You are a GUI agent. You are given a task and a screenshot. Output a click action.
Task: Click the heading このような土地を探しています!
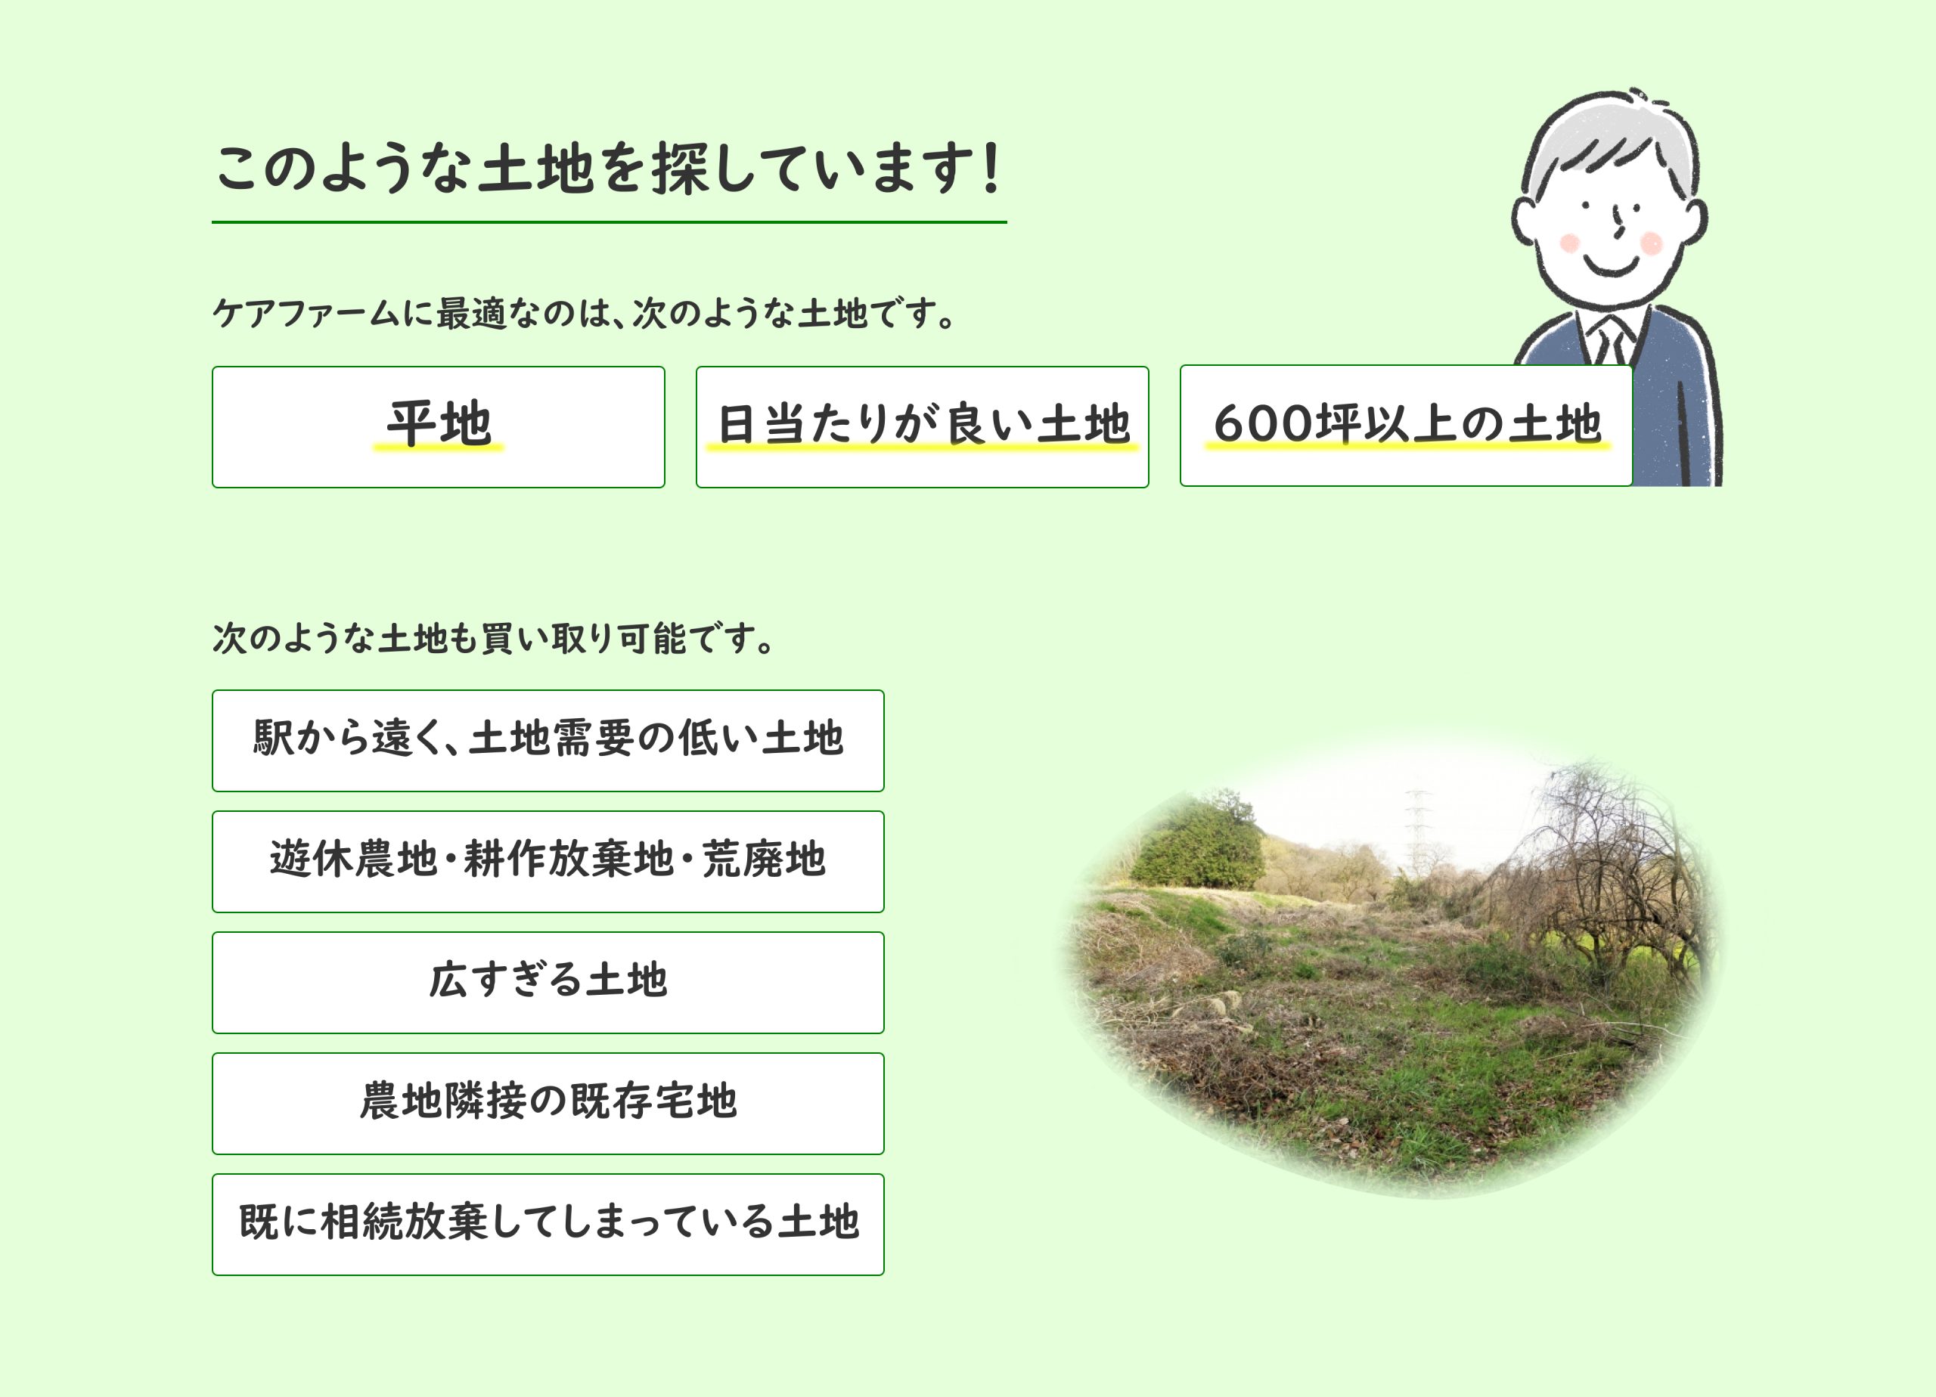[x=608, y=168]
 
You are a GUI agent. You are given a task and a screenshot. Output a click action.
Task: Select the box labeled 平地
[x=438, y=426]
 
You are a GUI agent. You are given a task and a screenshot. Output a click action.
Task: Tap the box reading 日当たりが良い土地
[x=922, y=426]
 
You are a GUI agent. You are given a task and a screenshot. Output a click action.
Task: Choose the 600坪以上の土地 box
[x=1406, y=426]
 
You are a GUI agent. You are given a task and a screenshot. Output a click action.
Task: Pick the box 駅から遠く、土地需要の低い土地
[x=548, y=740]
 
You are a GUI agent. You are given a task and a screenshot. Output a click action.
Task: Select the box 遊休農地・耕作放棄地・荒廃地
[x=548, y=861]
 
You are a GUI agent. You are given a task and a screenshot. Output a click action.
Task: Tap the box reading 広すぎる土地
[x=548, y=982]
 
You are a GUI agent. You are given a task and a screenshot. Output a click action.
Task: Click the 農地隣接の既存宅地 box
[x=548, y=1104]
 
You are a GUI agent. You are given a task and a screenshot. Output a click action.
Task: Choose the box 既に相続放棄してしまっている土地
[x=548, y=1225]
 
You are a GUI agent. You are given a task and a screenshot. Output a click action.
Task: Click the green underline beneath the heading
[x=610, y=222]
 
